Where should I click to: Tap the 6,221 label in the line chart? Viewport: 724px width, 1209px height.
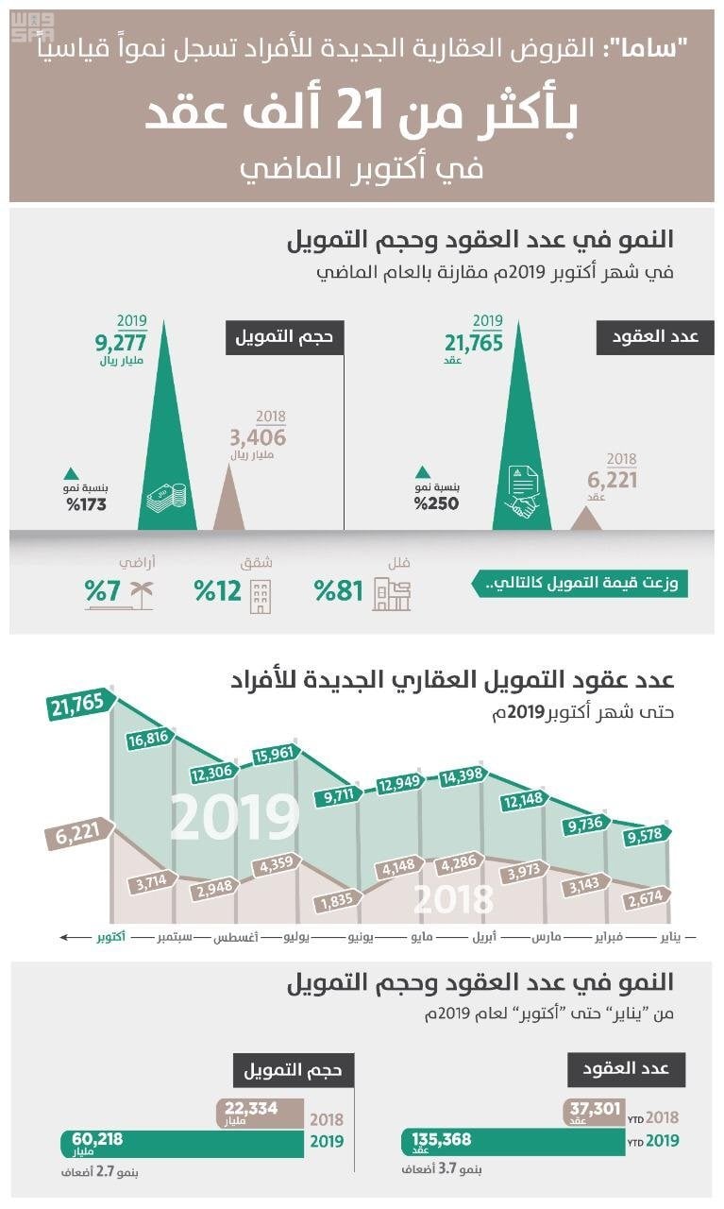(x=77, y=836)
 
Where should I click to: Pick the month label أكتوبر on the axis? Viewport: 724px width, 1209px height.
(x=110, y=939)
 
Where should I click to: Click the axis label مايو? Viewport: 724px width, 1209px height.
(x=420, y=939)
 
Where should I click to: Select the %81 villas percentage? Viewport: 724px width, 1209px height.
(x=338, y=592)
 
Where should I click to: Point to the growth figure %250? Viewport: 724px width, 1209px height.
(x=435, y=503)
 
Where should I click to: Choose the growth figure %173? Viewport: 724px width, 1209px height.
(x=86, y=504)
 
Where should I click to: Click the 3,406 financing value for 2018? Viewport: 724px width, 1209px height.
(x=257, y=438)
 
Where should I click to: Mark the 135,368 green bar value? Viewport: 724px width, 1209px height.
(x=442, y=1141)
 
